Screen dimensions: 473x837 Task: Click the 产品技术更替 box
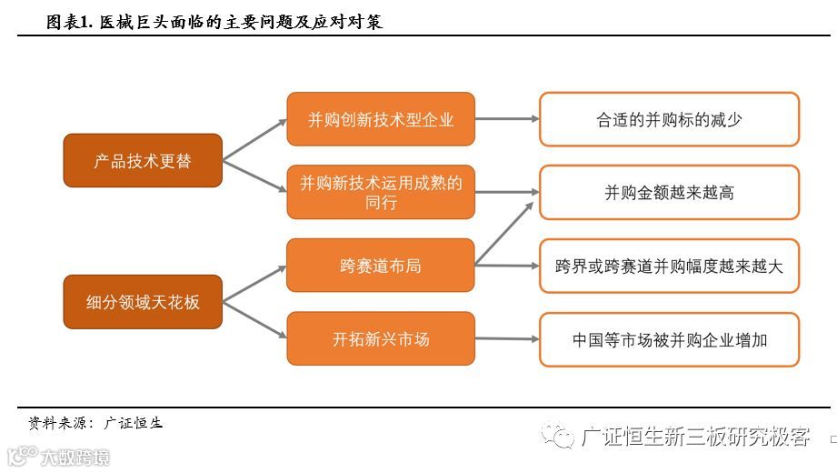[x=143, y=160]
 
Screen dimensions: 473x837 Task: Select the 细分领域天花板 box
[x=143, y=301]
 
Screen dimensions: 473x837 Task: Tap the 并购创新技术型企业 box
[x=381, y=119]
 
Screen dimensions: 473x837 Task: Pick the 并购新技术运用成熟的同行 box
[x=381, y=192]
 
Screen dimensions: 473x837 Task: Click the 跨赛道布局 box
[x=381, y=266]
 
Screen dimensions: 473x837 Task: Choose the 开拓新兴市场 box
[x=381, y=338]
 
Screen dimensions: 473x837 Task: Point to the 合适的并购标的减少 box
[x=669, y=119]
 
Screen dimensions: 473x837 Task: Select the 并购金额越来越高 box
[x=669, y=192]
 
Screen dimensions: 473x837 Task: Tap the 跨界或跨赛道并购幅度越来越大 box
[x=669, y=266]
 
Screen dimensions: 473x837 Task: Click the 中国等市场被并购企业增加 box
[x=669, y=339]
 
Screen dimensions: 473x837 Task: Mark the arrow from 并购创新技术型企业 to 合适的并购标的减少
[x=507, y=119]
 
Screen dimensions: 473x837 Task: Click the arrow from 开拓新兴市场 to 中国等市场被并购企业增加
[x=507, y=339]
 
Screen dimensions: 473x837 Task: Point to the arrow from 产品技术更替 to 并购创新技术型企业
[x=254, y=140]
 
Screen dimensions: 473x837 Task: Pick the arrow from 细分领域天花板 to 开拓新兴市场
[x=254, y=320]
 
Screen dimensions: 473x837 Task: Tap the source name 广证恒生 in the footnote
[x=134, y=423]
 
